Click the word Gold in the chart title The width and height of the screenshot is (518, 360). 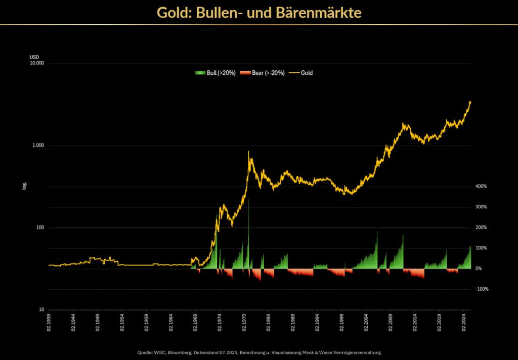(172, 12)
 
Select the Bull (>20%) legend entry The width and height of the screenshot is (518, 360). (216, 73)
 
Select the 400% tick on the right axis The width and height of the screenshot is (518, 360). (481, 187)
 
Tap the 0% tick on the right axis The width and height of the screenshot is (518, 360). (478, 268)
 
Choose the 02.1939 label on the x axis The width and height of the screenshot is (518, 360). (49, 323)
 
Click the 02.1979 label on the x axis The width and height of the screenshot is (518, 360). (244, 323)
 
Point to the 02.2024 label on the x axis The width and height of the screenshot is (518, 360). (464, 323)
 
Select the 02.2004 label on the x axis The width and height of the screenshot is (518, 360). (366, 323)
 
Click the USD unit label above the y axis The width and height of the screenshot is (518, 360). (34, 57)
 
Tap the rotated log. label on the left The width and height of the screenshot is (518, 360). (24, 186)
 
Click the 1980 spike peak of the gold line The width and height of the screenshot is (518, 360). (248, 151)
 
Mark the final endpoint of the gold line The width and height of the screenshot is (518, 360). (470, 102)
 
